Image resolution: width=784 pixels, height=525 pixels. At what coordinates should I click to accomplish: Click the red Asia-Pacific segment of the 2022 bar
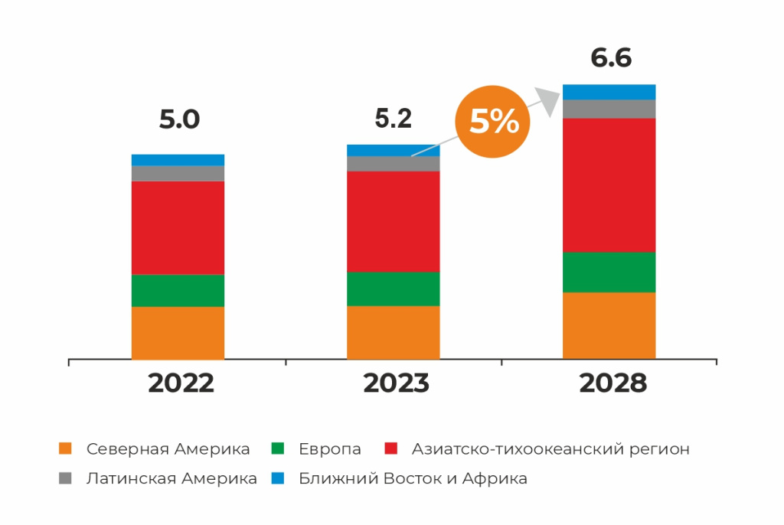point(178,227)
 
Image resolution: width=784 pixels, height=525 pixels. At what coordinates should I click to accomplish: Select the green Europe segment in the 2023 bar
point(394,289)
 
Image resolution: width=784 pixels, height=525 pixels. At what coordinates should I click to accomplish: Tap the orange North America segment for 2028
point(609,325)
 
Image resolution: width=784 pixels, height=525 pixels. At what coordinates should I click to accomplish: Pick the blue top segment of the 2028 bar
point(609,92)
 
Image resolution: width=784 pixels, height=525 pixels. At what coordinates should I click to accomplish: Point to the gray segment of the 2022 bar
point(178,173)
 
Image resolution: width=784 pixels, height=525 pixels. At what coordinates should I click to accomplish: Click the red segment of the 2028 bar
point(609,185)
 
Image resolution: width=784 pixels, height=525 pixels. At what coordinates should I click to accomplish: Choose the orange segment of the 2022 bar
point(178,333)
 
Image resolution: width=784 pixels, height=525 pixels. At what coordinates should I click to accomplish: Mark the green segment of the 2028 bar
point(609,272)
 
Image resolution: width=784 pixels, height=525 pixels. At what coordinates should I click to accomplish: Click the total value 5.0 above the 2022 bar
point(179,119)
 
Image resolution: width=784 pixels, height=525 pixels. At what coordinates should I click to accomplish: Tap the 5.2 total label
point(394,119)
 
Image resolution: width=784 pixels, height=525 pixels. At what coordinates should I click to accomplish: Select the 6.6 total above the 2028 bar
point(611,58)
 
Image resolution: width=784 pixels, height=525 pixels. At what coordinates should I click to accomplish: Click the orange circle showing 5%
point(492,122)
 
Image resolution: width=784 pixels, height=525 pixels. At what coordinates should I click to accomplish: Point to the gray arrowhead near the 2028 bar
point(548,100)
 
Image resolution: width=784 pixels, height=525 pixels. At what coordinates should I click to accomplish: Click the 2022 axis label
point(181,383)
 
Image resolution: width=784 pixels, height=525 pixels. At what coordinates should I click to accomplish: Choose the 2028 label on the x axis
point(613,383)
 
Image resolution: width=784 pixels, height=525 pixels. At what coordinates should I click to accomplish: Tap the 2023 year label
point(396,383)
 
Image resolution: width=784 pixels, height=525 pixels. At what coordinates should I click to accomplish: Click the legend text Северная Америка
point(168,449)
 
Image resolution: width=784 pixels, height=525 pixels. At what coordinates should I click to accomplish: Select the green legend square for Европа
point(277,448)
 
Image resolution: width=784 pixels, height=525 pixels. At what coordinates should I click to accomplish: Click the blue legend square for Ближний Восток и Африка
point(277,478)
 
